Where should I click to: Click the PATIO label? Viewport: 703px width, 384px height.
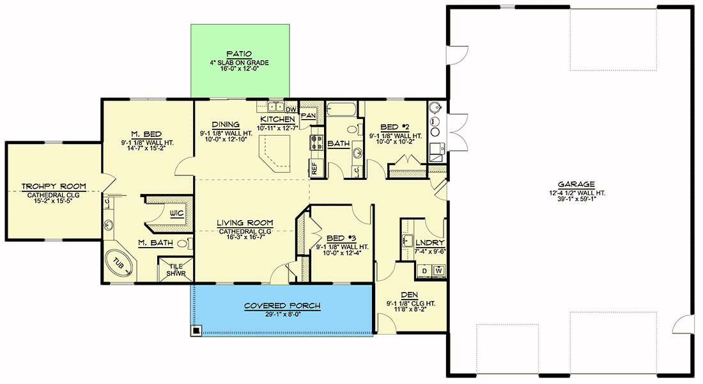(x=239, y=54)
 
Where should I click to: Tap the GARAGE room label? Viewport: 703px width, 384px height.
(x=576, y=184)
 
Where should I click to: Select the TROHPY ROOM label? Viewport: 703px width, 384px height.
(x=54, y=186)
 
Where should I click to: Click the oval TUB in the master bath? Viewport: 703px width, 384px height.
(x=120, y=264)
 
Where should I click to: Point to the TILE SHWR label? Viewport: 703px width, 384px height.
(x=176, y=270)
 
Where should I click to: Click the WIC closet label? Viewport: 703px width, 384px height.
(x=176, y=213)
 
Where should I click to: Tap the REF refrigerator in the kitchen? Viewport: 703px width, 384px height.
(x=314, y=168)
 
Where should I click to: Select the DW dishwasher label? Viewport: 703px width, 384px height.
(x=291, y=109)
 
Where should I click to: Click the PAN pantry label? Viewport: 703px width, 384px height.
(x=309, y=115)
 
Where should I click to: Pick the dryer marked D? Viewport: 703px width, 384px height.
(x=424, y=271)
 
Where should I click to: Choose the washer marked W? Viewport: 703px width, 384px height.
(x=438, y=271)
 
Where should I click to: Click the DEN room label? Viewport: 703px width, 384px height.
(x=409, y=295)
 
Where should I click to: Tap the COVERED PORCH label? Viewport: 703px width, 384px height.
(x=282, y=306)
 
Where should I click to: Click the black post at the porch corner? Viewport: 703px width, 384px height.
(x=196, y=331)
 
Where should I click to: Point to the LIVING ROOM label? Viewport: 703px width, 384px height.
(x=245, y=223)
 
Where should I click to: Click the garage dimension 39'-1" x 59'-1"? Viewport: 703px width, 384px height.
(x=576, y=199)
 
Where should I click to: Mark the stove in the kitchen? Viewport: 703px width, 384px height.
(x=316, y=142)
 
